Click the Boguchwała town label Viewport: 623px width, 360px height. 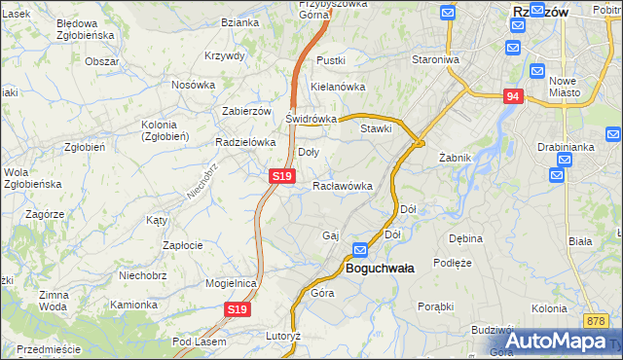point(380,268)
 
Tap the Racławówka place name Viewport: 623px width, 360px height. point(343,185)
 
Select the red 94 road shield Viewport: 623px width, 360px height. point(514,96)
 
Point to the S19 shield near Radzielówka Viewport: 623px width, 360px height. point(281,176)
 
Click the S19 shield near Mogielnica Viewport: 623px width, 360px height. point(238,309)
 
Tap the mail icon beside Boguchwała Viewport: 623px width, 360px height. point(360,250)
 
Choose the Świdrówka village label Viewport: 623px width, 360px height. point(311,119)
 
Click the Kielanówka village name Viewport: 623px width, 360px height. point(337,86)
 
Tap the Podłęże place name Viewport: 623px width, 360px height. point(453,263)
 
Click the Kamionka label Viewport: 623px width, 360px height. point(133,305)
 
